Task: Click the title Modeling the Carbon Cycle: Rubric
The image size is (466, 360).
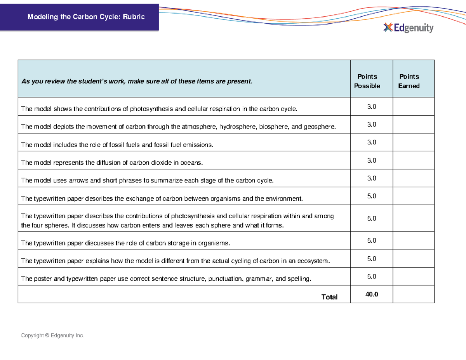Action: [85, 17]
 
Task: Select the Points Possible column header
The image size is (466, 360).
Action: [367, 81]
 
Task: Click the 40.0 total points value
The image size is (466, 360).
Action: [371, 295]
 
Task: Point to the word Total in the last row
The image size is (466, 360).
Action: [329, 297]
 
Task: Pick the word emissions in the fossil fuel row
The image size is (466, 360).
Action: [199, 145]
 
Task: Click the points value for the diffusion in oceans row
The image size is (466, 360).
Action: [372, 160]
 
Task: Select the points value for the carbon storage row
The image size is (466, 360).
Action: [372, 241]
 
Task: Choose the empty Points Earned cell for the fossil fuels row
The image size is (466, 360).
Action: [413, 143]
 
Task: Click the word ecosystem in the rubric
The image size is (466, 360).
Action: [313, 261]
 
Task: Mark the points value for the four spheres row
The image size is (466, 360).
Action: [372, 219]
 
